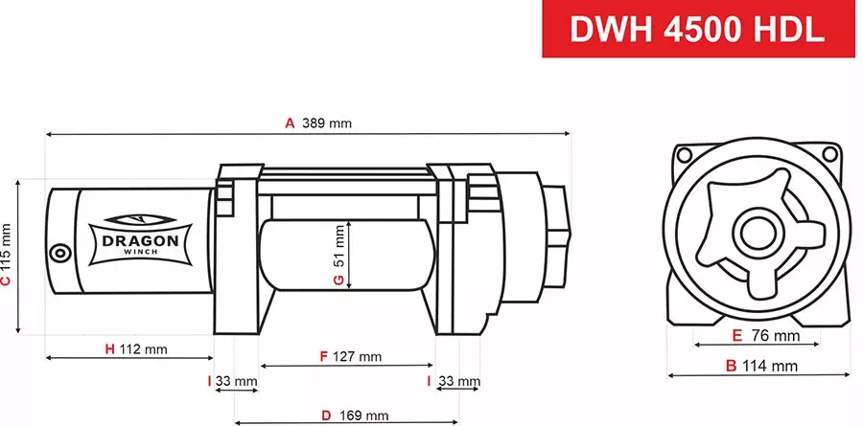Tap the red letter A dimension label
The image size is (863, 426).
click(289, 123)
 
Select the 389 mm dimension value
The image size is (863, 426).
click(327, 123)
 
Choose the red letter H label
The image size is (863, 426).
click(109, 348)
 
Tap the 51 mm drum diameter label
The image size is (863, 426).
click(338, 246)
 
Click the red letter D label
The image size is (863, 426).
click(326, 415)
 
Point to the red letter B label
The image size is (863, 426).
click(731, 366)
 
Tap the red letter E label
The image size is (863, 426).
click(736, 336)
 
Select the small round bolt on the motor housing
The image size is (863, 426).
click(60, 254)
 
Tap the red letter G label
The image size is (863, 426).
click(338, 280)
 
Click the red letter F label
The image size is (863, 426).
click(324, 356)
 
